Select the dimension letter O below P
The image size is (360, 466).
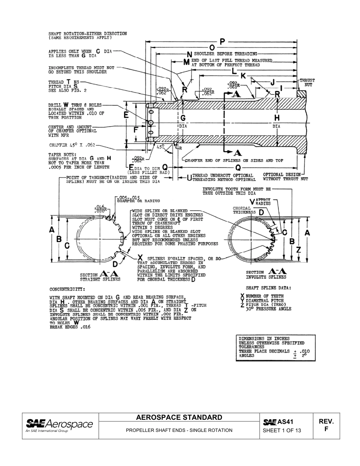click(212, 47)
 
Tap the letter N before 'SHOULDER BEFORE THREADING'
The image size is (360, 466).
click(189, 54)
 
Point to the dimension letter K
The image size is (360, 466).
click(243, 76)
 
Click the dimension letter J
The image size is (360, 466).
click(272, 82)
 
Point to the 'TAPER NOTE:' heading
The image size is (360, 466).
click(62, 155)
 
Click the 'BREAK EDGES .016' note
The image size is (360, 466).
click(70, 327)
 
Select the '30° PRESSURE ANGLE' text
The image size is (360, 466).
click(268, 309)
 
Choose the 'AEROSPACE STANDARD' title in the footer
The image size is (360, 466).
click(179, 418)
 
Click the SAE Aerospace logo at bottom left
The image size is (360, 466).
click(59, 425)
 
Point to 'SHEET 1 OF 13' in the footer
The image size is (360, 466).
click(282, 430)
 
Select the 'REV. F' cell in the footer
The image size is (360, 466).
click(326, 425)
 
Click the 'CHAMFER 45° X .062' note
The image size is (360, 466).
click(72, 145)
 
